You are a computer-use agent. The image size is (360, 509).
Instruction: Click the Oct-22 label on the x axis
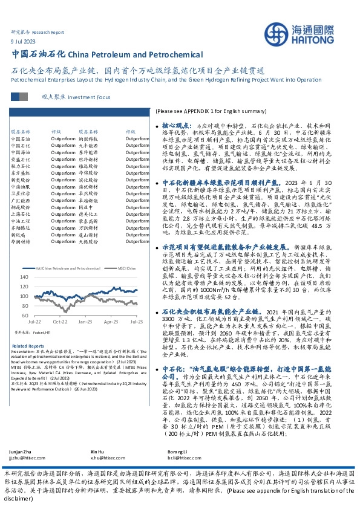pos(59,323)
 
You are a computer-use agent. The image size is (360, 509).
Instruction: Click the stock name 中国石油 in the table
pos(21,139)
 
